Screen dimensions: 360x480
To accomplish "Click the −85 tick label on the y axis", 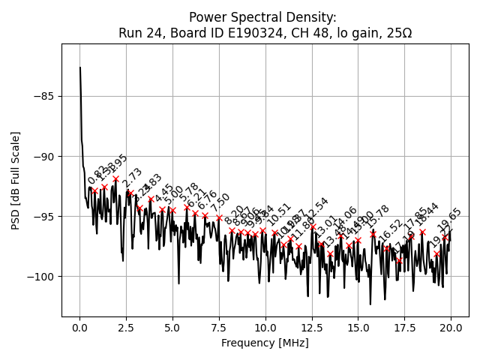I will pyautogui.click(x=44, y=96).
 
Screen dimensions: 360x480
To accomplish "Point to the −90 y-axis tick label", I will pyautogui.click(x=44, y=156).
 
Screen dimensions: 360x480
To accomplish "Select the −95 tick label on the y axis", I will pyautogui.click(x=44, y=216).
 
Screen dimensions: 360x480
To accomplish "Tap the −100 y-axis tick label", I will pyautogui.click(x=41, y=276).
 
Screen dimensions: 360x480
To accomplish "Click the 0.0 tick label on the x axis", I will pyautogui.click(x=79, y=328).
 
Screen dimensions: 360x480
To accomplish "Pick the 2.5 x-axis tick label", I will pyautogui.click(x=126, y=328).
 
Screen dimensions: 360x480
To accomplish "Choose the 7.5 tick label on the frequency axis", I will pyautogui.click(x=219, y=328).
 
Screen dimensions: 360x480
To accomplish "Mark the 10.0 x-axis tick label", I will pyautogui.click(x=265, y=328).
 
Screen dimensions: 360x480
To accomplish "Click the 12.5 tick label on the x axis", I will pyautogui.click(x=311, y=328).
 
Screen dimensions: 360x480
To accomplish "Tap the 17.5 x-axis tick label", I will pyautogui.click(x=404, y=328).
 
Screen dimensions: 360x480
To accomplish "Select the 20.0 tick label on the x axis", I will pyautogui.click(x=451, y=328).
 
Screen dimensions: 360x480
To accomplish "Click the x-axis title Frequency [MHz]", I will pyautogui.click(x=265, y=343).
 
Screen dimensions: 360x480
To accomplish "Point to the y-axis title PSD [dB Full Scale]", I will pyautogui.click(x=16, y=180).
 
